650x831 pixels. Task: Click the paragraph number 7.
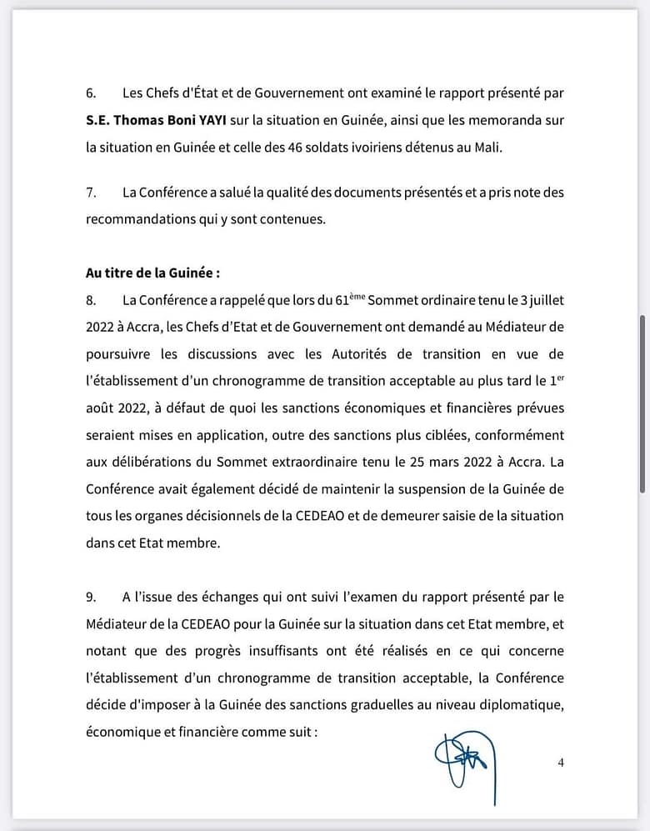coord(91,193)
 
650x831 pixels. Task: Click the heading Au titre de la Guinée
coord(152,273)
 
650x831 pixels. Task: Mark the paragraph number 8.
coord(91,299)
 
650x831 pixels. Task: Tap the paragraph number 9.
coord(91,597)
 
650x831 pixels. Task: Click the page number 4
coord(561,762)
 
